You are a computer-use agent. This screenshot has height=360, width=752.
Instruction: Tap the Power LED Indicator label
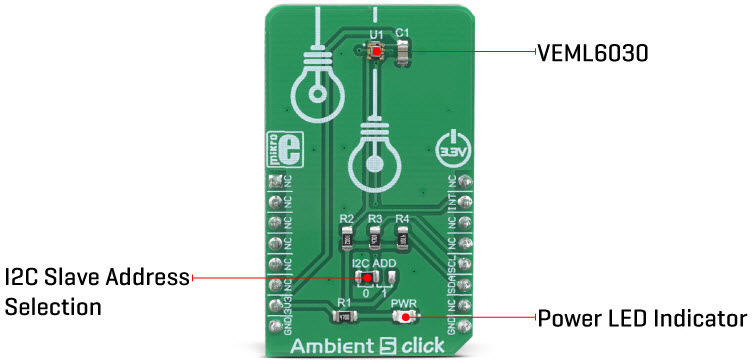pos(641,319)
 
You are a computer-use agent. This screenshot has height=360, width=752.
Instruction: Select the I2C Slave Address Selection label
pos(95,291)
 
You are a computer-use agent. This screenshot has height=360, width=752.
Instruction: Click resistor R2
pos(347,238)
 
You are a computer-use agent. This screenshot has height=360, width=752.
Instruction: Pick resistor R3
pos(375,238)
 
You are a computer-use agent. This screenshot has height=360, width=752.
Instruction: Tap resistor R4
pos(403,238)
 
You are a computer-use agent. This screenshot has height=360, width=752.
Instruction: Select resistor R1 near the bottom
pos(345,317)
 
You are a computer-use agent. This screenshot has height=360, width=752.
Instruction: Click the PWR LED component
pos(404,317)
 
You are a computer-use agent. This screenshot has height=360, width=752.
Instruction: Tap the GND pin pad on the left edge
pos(276,323)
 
